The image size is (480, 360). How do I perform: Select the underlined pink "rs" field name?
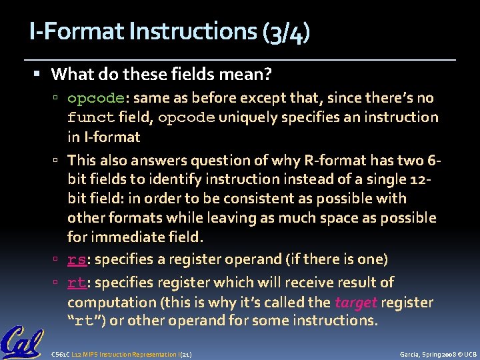click(x=76, y=259)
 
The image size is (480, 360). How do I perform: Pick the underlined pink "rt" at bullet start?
click(x=76, y=283)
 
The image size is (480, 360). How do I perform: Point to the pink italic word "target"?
click(x=355, y=302)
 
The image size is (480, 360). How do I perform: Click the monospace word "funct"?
click(x=91, y=117)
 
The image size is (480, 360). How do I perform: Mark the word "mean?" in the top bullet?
click(x=251, y=73)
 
